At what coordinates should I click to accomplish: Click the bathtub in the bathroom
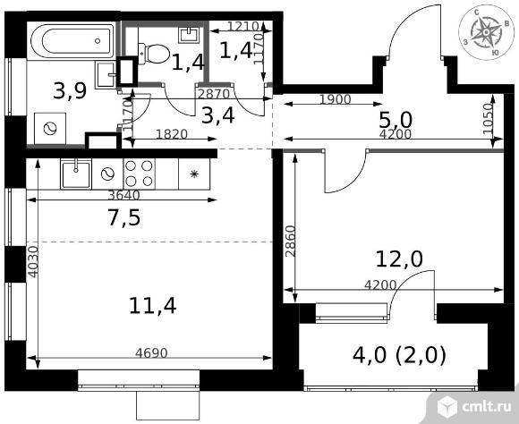72,41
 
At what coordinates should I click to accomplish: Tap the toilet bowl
154,54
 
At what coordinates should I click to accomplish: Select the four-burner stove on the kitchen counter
140,174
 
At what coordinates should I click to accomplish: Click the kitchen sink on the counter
76,174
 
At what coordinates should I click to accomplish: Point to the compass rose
486,32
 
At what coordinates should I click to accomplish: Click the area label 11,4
153,306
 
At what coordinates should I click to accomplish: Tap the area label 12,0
399,259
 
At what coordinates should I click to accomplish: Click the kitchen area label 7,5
124,217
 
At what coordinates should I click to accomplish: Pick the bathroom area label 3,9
70,90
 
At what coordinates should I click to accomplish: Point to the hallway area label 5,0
396,120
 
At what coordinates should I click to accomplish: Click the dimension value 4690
151,353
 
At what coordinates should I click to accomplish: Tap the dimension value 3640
124,195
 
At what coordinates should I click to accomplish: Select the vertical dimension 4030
33,261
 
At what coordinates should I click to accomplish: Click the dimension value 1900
336,99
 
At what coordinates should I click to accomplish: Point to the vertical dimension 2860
290,241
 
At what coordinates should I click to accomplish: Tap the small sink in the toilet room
190,34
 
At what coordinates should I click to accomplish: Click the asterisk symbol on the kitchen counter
194,174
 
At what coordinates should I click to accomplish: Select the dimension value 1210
242,26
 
